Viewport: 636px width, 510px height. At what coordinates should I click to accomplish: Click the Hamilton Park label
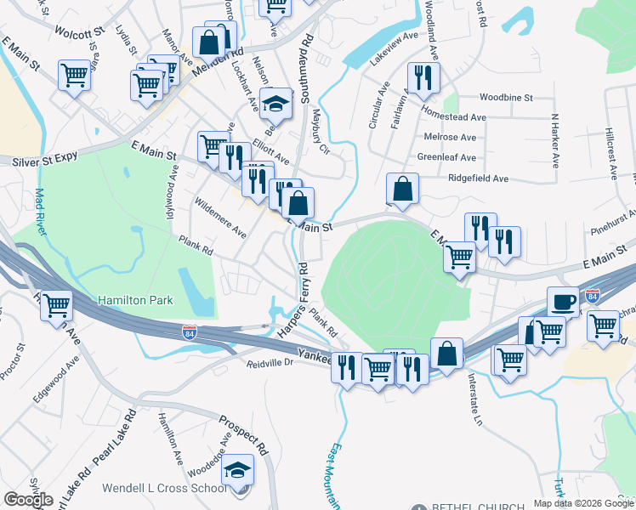pyautogui.click(x=136, y=300)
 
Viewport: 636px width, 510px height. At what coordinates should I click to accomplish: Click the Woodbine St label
pyautogui.click(x=506, y=99)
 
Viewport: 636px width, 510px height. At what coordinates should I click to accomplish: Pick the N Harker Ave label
pyautogui.click(x=555, y=140)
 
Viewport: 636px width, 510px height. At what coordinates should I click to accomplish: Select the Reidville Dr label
pyautogui.click(x=270, y=363)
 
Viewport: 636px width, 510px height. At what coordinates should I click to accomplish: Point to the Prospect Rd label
pyautogui.click(x=244, y=433)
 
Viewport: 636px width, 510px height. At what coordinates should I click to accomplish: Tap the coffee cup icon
pyautogui.click(x=562, y=300)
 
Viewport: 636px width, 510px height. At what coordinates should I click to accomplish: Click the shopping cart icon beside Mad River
pyautogui.click(x=57, y=303)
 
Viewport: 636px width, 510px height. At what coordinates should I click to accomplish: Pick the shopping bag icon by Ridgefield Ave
pyautogui.click(x=403, y=189)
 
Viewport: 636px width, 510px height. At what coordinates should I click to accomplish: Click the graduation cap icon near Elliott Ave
pyautogui.click(x=275, y=103)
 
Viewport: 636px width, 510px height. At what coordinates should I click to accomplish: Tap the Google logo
pyautogui.click(x=28, y=500)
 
